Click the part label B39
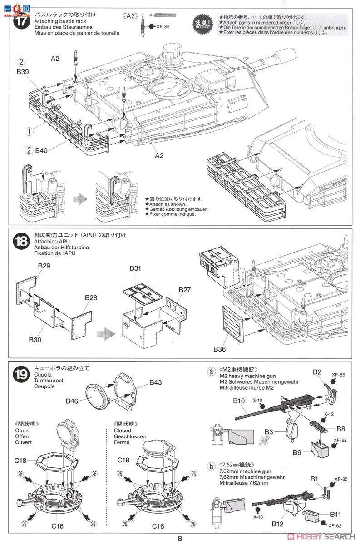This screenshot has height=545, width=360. click(x=23, y=72)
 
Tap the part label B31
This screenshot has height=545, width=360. click(x=135, y=268)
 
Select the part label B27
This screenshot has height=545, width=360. click(x=184, y=289)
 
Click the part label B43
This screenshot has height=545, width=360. click(x=155, y=382)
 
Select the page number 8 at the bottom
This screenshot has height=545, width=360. click(x=180, y=539)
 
